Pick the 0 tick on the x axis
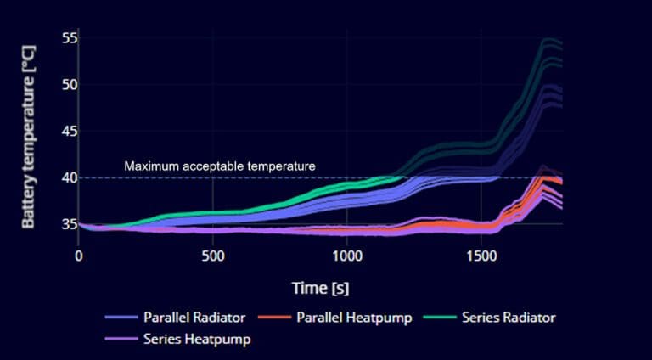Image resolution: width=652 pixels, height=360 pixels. pos(79,256)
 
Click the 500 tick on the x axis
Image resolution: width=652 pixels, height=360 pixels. pos(212,256)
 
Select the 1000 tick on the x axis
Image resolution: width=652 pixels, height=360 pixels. pos(346,256)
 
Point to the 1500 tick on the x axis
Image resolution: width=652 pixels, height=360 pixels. pos(481,256)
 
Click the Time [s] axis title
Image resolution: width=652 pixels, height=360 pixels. pos(320,288)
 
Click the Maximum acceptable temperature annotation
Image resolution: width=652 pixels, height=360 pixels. pos(220,166)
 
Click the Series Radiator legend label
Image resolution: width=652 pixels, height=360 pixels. pos(509,318)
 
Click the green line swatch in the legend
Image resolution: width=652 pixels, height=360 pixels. pos(442,318)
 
